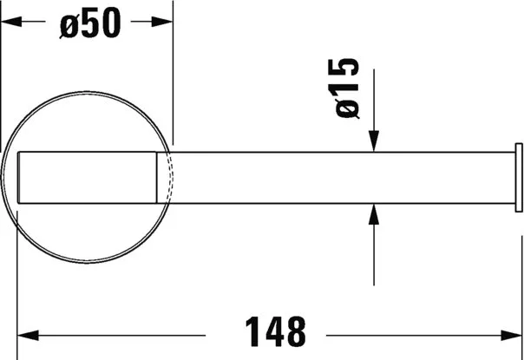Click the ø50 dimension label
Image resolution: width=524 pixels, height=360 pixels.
(x=90, y=23)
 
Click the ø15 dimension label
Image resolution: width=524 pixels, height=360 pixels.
(x=347, y=88)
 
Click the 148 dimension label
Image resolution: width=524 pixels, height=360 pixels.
(x=275, y=332)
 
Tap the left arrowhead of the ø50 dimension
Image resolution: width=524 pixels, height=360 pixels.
(x=11, y=22)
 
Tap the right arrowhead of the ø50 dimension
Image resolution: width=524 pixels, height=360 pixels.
(x=162, y=22)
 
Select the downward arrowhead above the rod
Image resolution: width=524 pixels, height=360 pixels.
(x=374, y=141)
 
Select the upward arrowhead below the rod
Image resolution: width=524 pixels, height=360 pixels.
(x=374, y=214)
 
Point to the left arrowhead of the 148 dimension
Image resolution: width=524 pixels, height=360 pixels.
(x=28, y=335)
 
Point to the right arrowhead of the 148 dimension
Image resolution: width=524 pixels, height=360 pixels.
(x=511, y=335)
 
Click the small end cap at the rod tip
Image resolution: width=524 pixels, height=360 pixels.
(x=519, y=178)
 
